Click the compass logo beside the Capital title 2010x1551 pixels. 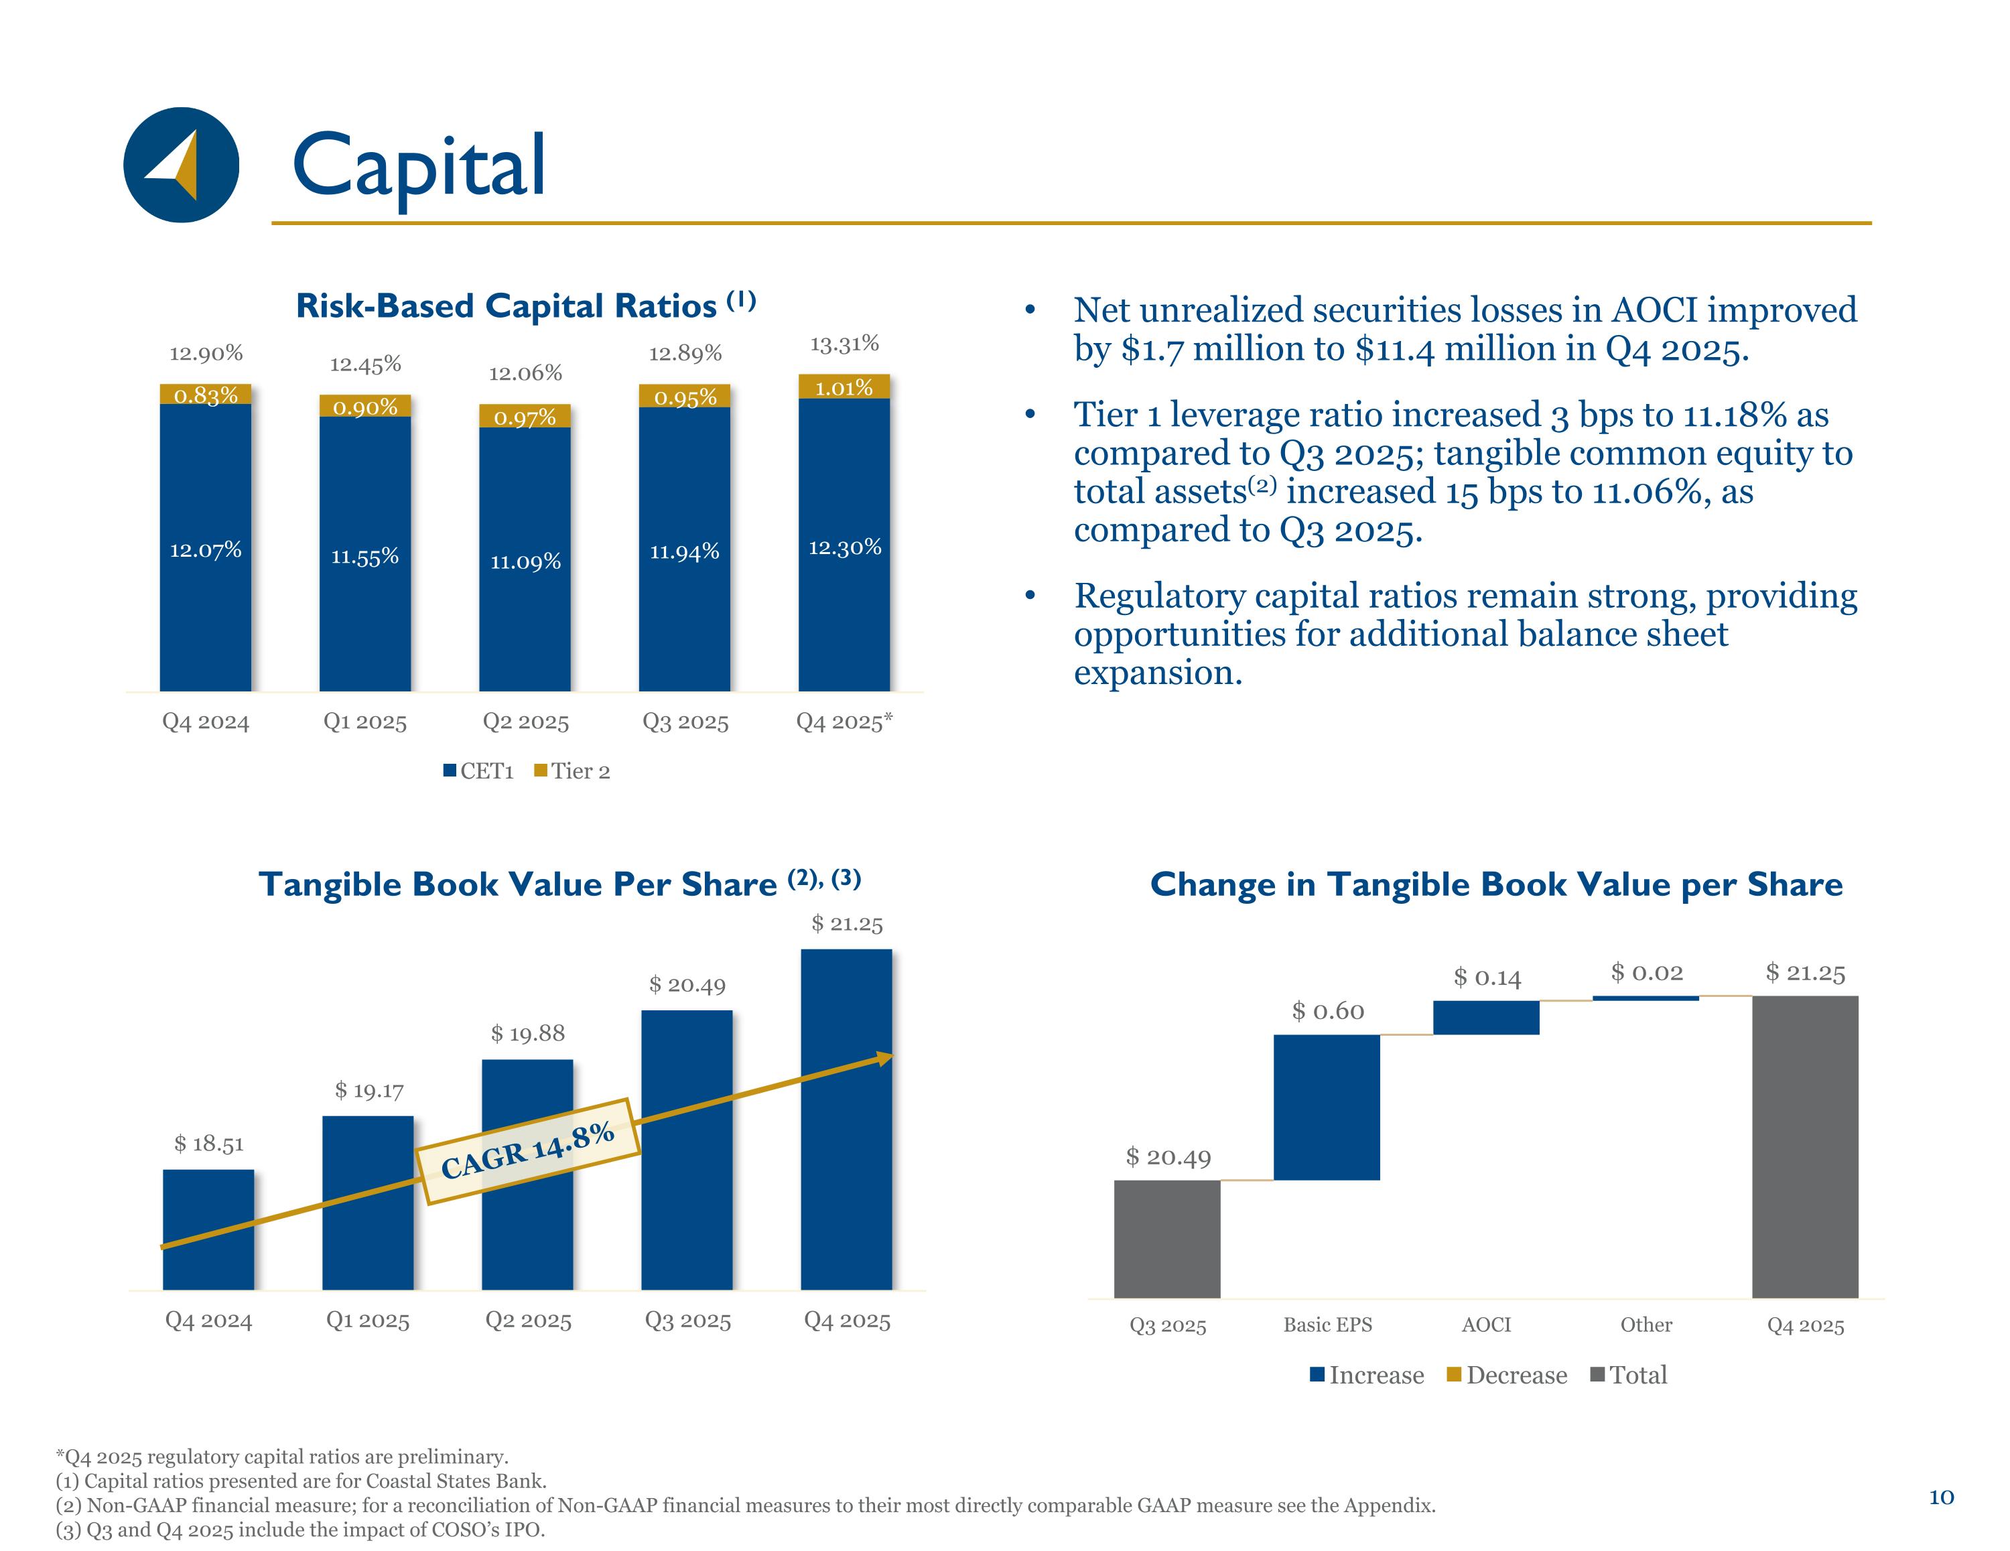[182, 165]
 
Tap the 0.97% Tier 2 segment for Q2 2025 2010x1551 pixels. [525, 417]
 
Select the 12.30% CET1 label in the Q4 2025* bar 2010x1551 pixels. [845, 547]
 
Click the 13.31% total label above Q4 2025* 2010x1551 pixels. [844, 344]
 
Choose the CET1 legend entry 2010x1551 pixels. [478, 771]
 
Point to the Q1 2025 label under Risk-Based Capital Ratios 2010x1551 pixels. [364, 722]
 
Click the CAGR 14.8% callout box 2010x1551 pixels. [527, 1150]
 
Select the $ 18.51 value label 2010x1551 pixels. [209, 1143]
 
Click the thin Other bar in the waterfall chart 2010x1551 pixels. [1646, 998]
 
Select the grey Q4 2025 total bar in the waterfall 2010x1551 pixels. [1805, 1146]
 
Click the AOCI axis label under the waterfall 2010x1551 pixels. [1486, 1325]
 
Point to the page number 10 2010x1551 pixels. [1941, 1497]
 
